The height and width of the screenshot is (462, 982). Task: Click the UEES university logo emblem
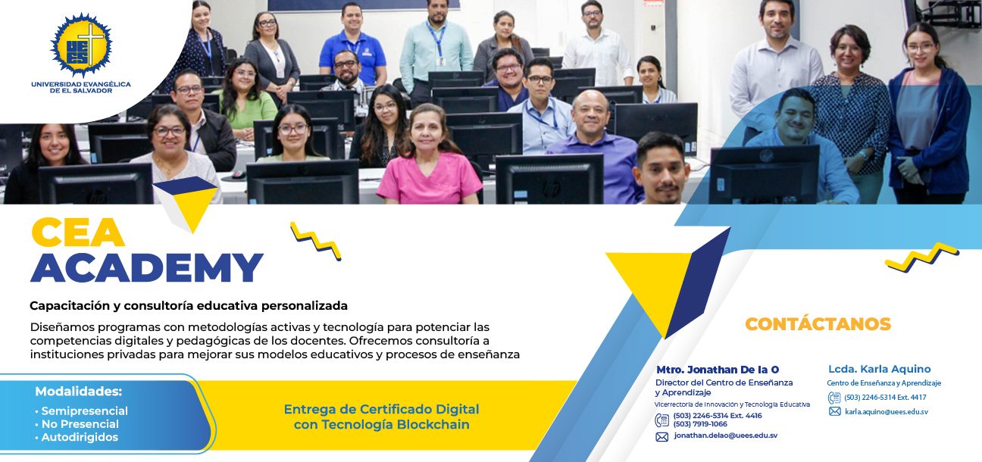tap(81, 45)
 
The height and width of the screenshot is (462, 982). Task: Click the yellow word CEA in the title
tap(77, 232)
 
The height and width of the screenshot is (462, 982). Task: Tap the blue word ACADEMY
tap(147, 267)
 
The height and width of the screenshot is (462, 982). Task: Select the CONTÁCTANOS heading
tap(818, 324)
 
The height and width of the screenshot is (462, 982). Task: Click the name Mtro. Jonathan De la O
tap(718, 370)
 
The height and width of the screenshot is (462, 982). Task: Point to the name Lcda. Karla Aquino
tap(880, 369)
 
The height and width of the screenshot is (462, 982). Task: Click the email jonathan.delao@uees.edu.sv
tap(726, 435)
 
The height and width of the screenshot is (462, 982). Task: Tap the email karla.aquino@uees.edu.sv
tap(886, 411)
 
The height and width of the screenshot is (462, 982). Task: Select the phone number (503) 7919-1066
tap(700, 424)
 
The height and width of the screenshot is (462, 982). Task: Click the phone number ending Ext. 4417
tap(885, 398)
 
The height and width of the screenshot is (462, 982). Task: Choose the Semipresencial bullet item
tap(82, 410)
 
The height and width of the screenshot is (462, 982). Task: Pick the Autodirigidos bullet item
tap(77, 437)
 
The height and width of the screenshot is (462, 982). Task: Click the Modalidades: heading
tap(79, 392)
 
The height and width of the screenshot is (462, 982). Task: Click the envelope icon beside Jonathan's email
tap(662, 436)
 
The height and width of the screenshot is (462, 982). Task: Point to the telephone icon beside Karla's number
tap(833, 398)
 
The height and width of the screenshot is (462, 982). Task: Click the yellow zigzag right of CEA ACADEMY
tap(316, 241)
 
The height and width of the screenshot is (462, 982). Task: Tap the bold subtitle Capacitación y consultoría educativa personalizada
tap(189, 305)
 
